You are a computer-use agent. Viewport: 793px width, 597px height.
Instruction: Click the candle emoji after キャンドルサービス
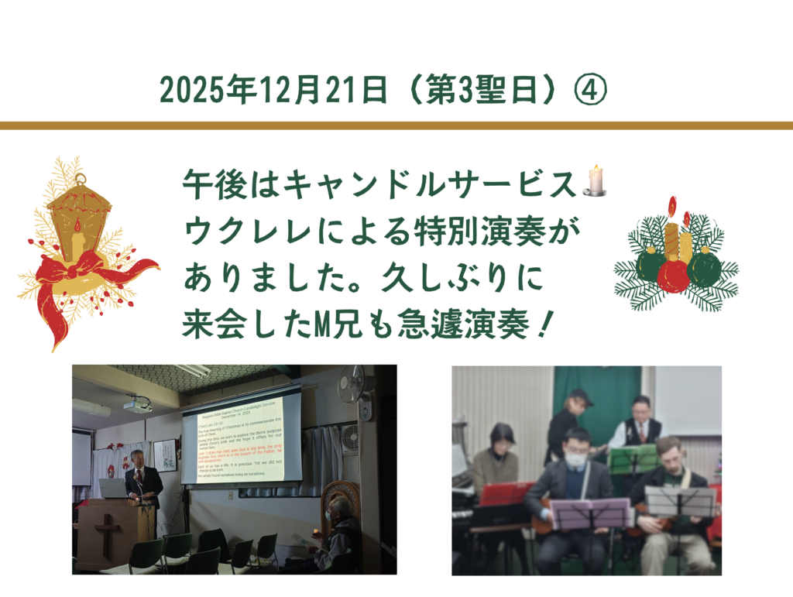pos(595,180)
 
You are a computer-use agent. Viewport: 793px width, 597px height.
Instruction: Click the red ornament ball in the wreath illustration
pos(673,275)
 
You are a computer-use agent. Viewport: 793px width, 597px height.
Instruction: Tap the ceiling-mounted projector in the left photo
pos(138,404)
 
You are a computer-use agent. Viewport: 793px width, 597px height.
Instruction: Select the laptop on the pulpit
pos(113,488)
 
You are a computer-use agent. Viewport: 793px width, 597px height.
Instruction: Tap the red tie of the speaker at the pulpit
pos(140,474)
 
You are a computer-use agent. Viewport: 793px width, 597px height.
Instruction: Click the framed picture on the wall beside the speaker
pos(164,455)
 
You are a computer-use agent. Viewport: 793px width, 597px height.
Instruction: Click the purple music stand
pos(590,513)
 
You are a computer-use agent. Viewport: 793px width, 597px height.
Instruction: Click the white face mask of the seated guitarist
pos(575,458)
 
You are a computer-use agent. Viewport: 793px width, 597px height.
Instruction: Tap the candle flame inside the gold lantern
pos(77,225)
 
